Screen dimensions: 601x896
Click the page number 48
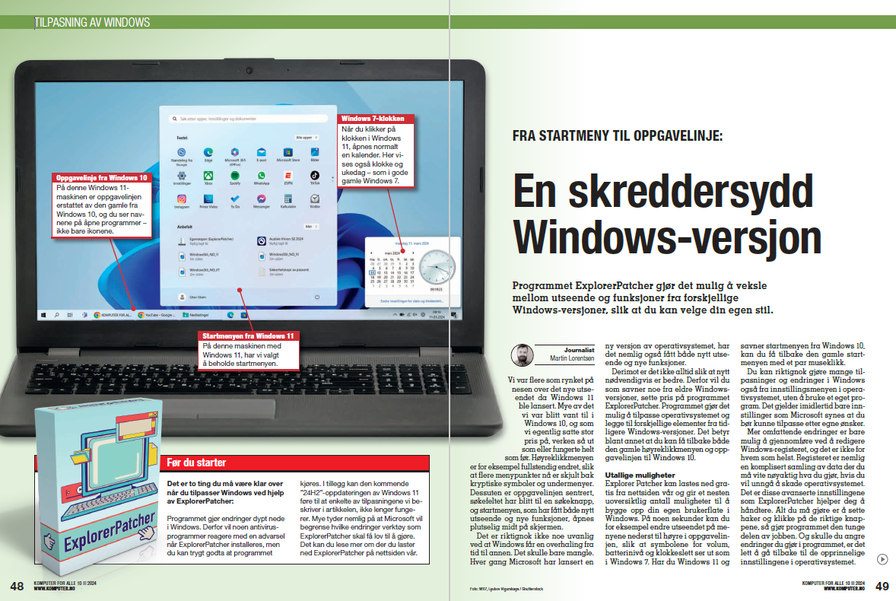click(x=17, y=586)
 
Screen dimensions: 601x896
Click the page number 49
click(x=882, y=586)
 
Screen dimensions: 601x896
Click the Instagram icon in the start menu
click(x=181, y=199)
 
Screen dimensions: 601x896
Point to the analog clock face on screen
click(x=436, y=266)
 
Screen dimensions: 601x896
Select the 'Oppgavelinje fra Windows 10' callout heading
click(x=101, y=177)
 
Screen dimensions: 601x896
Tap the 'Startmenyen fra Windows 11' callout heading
click(x=248, y=335)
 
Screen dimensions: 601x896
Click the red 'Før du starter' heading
click(x=195, y=463)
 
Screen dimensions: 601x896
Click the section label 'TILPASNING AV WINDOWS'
click(x=93, y=23)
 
